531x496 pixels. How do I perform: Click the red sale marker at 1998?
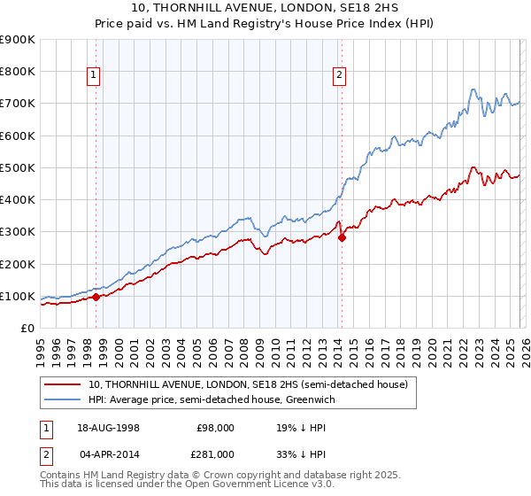pyautogui.click(x=96, y=298)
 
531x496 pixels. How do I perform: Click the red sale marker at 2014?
pyautogui.click(x=342, y=238)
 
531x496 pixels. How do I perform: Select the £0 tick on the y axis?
pyautogui.click(x=27, y=329)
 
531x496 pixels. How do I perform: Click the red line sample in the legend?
pyautogui.click(x=61, y=385)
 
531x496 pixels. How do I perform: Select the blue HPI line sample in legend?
pyautogui.click(x=61, y=400)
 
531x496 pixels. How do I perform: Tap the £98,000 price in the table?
pyautogui.click(x=215, y=428)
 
